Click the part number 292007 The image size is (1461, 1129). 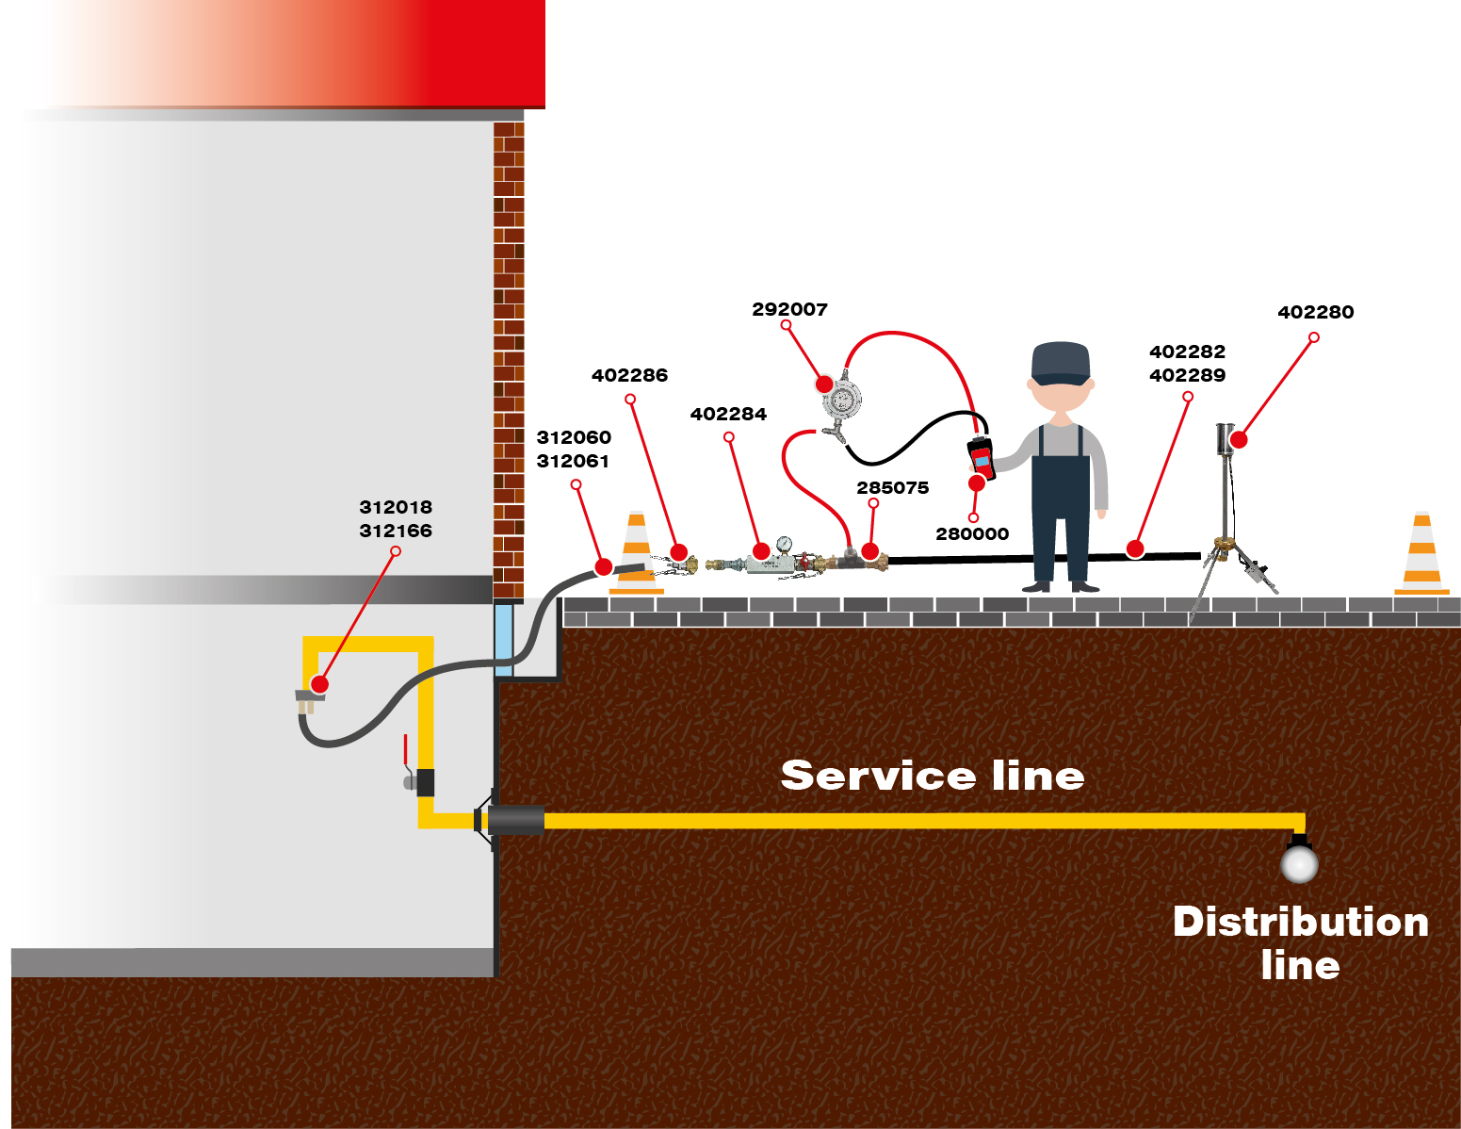click(789, 309)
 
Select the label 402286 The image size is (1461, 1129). click(629, 375)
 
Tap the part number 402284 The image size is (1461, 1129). click(728, 414)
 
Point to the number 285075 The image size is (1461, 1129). click(892, 487)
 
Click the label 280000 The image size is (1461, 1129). click(972, 533)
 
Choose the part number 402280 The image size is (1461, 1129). click(1315, 312)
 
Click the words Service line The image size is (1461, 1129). click(933, 776)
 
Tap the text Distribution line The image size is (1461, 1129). click(1300, 942)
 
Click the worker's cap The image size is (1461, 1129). click(1061, 362)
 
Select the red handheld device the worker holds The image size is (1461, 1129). click(981, 457)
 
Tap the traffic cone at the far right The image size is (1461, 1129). click(1421, 555)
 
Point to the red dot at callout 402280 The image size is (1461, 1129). click(1239, 439)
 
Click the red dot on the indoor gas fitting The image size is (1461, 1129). click(319, 684)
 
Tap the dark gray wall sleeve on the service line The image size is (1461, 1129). click(515, 820)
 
